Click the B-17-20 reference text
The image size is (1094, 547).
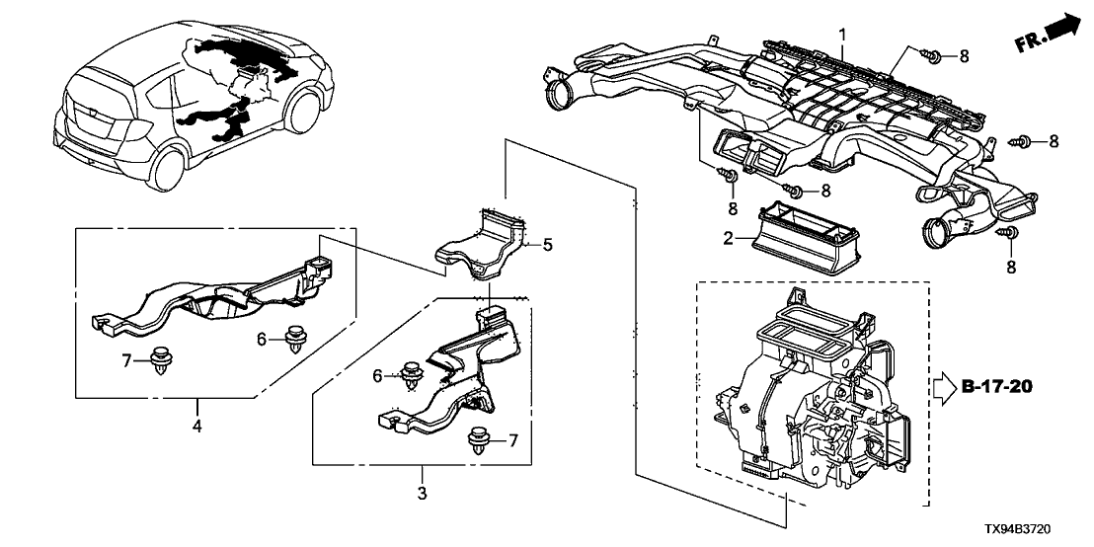996,385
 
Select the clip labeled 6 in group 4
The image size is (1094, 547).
293,340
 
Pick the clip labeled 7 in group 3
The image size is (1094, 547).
480,440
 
